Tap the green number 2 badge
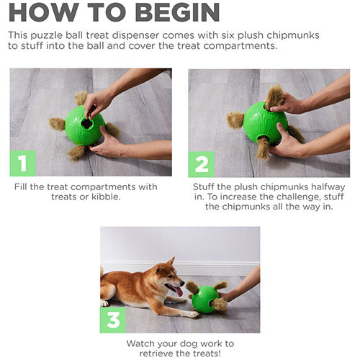[201, 163]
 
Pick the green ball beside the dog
[204, 297]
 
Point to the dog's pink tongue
[178, 291]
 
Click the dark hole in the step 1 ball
[86, 123]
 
